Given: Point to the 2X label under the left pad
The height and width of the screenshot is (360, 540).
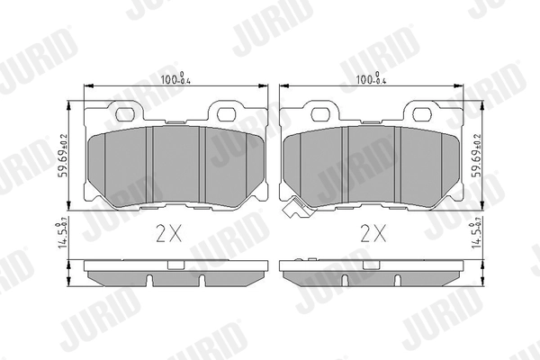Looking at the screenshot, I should pyautogui.click(x=169, y=234).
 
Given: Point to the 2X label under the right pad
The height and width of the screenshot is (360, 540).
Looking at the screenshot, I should pyautogui.click(x=372, y=234).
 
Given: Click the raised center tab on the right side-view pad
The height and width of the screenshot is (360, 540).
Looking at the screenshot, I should pyautogui.click(x=371, y=265).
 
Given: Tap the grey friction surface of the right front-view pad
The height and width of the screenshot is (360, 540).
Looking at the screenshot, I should pyautogui.click(x=371, y=162).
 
